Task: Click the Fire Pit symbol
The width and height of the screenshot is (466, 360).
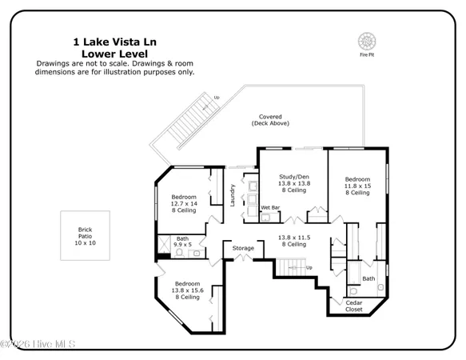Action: pos(369,40)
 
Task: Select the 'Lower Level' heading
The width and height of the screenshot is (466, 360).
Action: pos(114,55)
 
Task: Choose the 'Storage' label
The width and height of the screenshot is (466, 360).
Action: pos(243,249)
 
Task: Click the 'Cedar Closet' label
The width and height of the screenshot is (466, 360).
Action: pos(353,306)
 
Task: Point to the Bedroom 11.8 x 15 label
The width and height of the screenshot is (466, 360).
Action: pos(357,186)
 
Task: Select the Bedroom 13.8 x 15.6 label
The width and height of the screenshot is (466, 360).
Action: pos(188,290)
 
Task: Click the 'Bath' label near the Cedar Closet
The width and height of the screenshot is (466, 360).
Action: pos(368,278)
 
